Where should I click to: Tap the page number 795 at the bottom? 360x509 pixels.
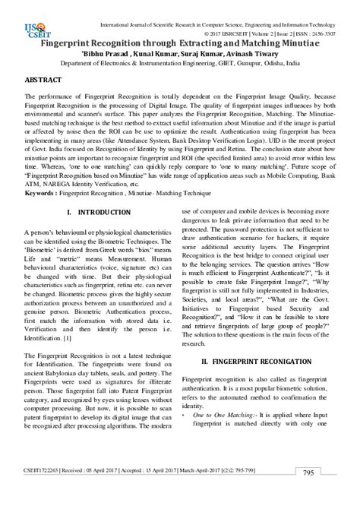[308, 494]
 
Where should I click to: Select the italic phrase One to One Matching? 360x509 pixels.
[225, 416]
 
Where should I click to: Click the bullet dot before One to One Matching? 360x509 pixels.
[185, 416]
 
